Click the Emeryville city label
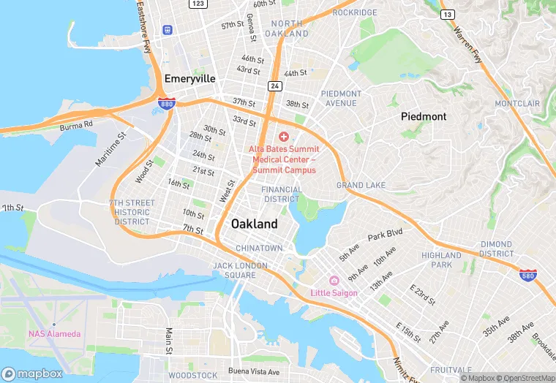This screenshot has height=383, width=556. [189, 78]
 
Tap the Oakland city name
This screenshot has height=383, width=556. [255, 224]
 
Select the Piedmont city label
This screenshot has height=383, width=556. [423, 116]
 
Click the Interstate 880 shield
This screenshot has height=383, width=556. [166, 105]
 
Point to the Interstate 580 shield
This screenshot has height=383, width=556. [527, 275]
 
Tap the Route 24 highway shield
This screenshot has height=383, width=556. [274, 86]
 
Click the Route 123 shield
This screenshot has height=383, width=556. [198, 4]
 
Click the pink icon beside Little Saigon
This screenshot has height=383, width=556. [334, 281]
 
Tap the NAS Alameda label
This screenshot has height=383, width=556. [55, 334]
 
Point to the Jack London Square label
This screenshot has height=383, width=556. [234, 270]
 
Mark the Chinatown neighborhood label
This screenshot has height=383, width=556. [259, 248]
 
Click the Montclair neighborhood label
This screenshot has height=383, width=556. [516, 104]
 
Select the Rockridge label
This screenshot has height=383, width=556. [354, 12]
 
